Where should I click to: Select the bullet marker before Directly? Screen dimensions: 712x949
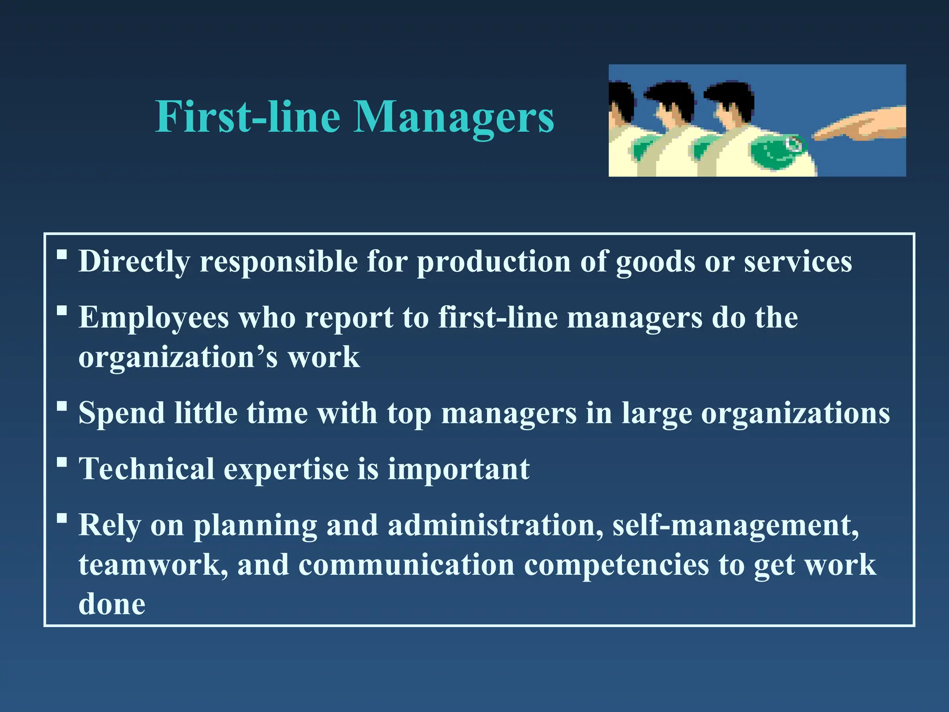pyautogui.click(x=62, y=254)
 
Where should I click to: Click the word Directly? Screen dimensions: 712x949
pyautogui.click(x=134, y=262)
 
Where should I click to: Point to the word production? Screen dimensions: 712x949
pyautogui.click(x=494, y=262)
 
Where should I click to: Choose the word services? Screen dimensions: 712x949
pyautogui.click(x=797, y=262)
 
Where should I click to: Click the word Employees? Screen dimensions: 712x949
pyautogui.click(x=154, y=318)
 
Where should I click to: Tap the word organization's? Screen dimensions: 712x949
pyautogui.click(x=178, y=358)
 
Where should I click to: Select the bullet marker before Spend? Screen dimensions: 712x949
pyautogui.click(x=62, y=406)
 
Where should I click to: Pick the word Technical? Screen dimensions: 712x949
pyautogui.click(x=146, y=469)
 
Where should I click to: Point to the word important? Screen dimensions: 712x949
pyautogui.click(x=458, y=469)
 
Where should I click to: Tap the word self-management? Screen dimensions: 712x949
pyautogui.click(x=736, y=526)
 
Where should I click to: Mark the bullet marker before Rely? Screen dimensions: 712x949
pyautogui.click(x=62, y=518)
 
